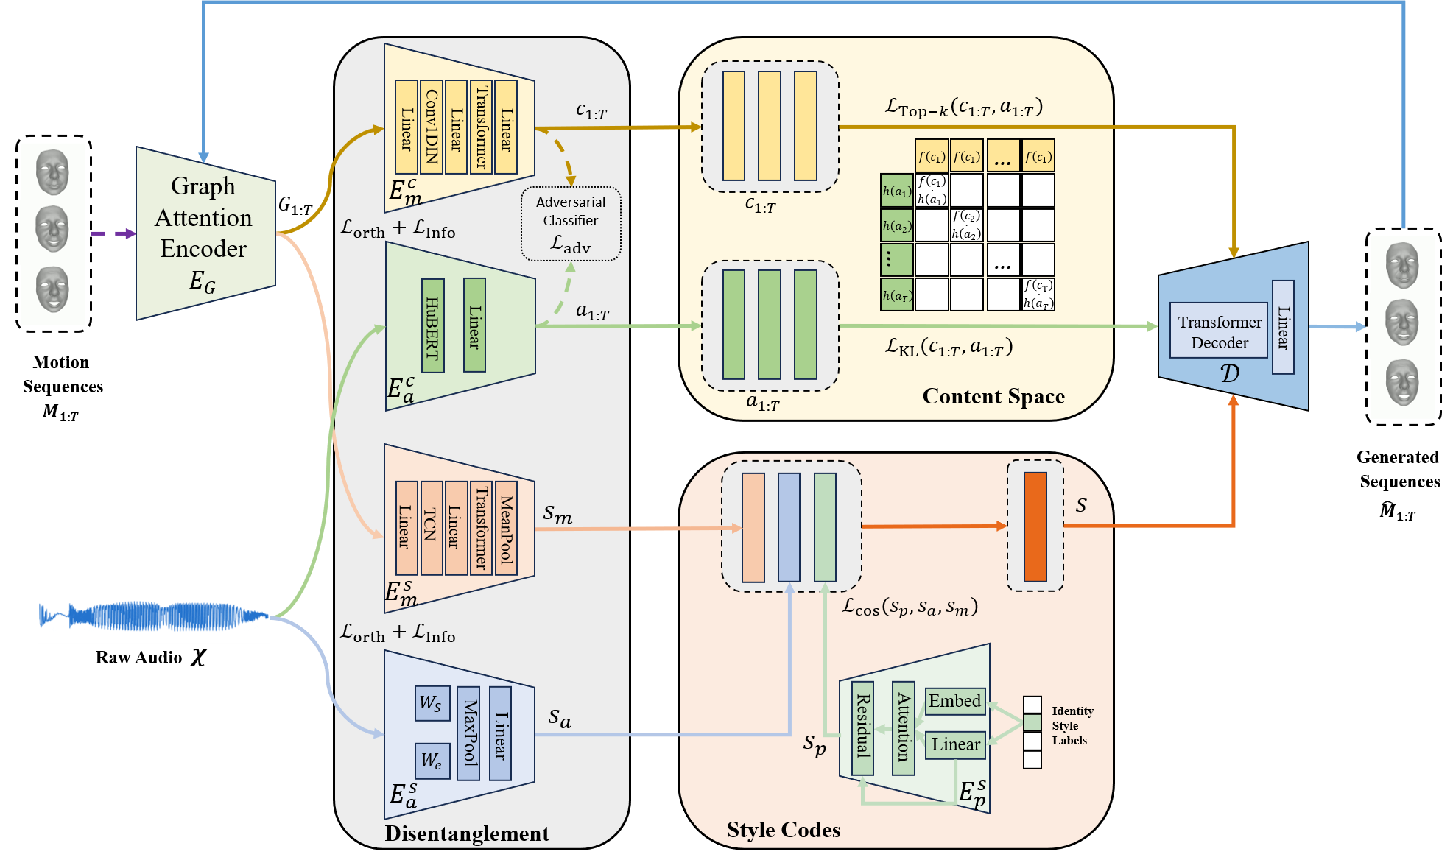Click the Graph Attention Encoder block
pos(205,233)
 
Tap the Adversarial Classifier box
pos(571,224)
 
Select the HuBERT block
pos(433,325)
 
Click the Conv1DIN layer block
pos(432,127)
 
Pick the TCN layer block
pos(432,527)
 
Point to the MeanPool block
pos(506,527)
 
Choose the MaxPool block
pos(468,733)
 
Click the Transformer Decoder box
pos(1219,332)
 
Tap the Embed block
pos(954,701)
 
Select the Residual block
pos(862,727)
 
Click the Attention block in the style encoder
pos(904,727)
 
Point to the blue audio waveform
pos(153,617)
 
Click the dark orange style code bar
pos(1035,526)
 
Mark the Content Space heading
pos(993,396)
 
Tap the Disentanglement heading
pos(467,833)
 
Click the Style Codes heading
pos(784,830)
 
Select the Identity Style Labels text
pos(1072,725)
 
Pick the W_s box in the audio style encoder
pos(432,702)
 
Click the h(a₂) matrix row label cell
pos(897,226)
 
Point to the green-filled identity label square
pos(1032,723)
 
